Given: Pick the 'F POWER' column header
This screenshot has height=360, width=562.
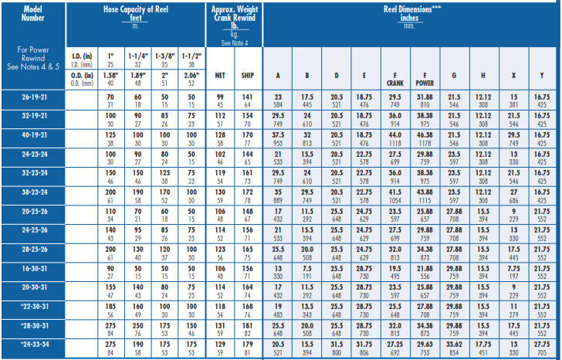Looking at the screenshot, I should coord(423,77).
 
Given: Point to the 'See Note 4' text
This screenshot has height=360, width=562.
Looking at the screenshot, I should coord(233,43).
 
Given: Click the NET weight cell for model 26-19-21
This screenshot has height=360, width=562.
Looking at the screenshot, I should coord(219,100).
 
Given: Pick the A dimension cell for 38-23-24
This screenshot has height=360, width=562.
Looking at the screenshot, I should coord(278,195).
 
